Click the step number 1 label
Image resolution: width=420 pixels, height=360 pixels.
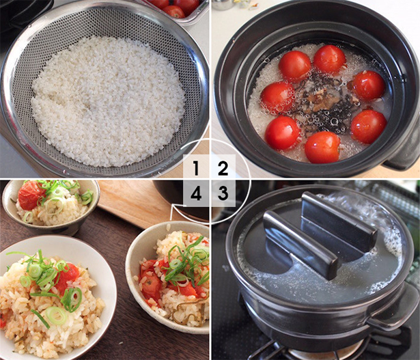tap(196, 168)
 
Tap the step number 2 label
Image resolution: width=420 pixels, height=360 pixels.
tap(223, 168)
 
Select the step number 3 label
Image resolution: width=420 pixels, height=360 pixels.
tap(223, 193)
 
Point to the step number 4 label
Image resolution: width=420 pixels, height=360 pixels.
tap(196, 193)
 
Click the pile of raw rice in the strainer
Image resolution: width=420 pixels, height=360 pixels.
tap(107, 102)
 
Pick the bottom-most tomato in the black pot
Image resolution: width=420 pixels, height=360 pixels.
tap(322, 147)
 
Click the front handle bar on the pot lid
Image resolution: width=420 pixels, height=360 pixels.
tap(300, 245)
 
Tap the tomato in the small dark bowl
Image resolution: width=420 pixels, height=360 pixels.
tap(31, 194)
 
